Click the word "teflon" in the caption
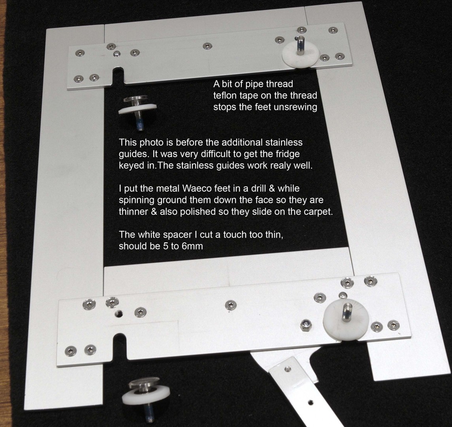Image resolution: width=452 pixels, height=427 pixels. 225,96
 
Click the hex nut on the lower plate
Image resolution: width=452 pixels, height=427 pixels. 305,325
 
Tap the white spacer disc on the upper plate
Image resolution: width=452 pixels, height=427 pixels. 300,55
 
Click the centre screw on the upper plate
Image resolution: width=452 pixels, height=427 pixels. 207,46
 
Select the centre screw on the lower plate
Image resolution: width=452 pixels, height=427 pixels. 231,305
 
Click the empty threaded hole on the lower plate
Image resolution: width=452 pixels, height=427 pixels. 119,314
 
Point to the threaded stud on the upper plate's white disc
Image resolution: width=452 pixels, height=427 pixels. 300,44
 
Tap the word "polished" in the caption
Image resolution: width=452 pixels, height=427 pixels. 197,212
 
